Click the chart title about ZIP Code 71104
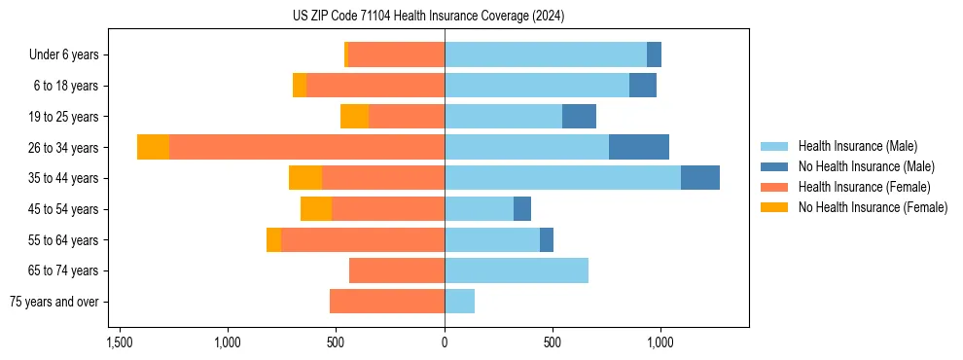click(x=428, y=17)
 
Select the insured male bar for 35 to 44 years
click(x=562, y=178)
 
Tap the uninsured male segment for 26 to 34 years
click(x=638, y=147)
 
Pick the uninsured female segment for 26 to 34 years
click(x=153, y=147)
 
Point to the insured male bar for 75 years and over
click(x=459, y=302)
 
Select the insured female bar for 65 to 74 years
click(x=397, y=270)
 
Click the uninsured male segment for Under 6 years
click(x=654, y=54)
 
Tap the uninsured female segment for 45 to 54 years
click(x=316, y=209)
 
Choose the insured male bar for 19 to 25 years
click(x=503, y=116)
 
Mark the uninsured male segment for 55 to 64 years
click(x=547, y=239)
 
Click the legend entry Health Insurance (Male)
click(x=857, y=146)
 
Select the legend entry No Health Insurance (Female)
click(x=873, y=207)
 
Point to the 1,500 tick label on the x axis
click(x=119, y=342)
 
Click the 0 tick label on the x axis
click(x=445, y=342)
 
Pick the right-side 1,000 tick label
click(x=660, y=342)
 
